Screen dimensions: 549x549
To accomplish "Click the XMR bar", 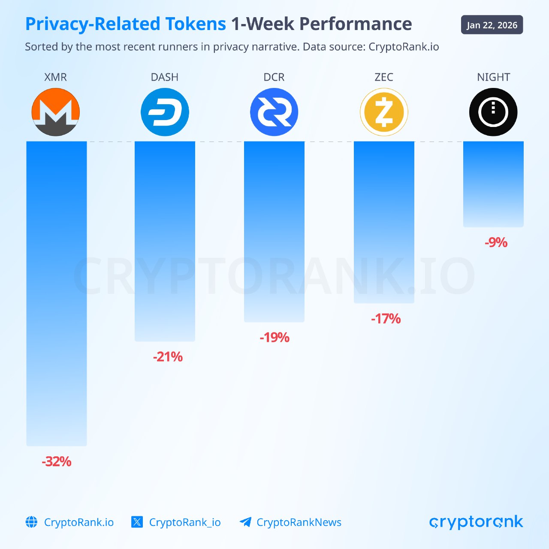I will tap(57, 293).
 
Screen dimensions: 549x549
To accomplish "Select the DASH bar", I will tap(165, 241).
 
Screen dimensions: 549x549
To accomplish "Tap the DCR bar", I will tap(274, 232).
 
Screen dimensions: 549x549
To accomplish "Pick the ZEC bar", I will tap(384, 222).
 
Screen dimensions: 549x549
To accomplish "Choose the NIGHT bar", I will tap(493, 184).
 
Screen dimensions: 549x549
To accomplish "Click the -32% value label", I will tap(57, 462).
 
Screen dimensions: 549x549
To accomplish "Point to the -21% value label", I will tap(168, 357).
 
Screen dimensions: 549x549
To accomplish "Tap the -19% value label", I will tap(274, 338).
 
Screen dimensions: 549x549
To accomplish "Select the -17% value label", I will tap(386, 319).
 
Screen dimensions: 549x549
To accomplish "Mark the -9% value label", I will tap(496, 243).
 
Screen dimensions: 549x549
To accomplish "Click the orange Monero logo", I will tap(56, 112).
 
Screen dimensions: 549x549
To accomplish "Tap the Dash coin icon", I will tap(165, 112).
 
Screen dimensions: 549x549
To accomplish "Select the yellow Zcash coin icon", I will tap(384, 112).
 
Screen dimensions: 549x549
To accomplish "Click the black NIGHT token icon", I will tap(493, 112).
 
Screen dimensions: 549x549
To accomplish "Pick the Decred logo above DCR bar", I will tap(274, 112).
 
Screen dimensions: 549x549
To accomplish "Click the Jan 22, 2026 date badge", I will tap(492, 25).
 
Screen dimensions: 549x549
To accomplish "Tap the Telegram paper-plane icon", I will tap(245, 522).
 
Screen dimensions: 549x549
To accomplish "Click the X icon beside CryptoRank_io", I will tap(137, 522).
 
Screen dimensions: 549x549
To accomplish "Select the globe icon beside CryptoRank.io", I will tap(32, 522).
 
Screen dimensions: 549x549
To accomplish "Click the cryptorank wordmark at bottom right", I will tap(476, 522).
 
